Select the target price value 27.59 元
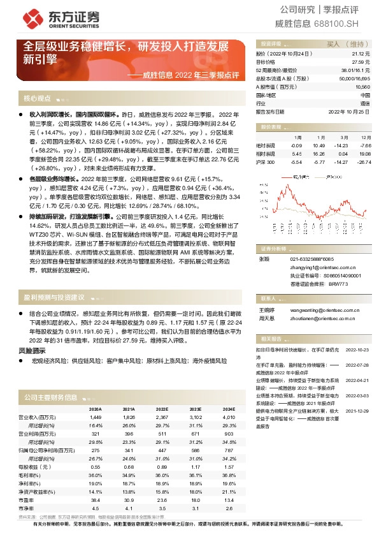click(362, 63)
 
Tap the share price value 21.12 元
click(362, 55)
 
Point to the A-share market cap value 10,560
click(363, 87)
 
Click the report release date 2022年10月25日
click(349, 111)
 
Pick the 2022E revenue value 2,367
click(162, 416)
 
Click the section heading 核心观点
click(36, 99)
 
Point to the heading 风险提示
click(32, 351)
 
